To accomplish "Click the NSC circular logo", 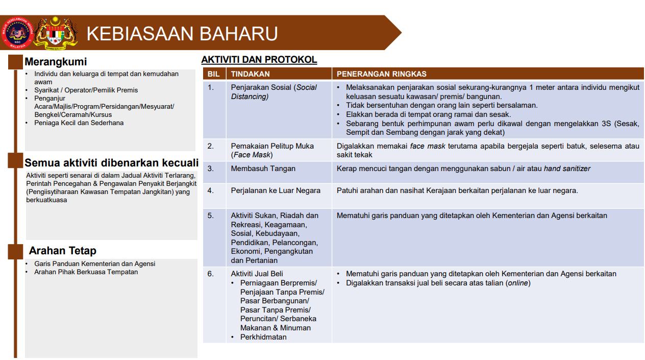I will click(17, 33).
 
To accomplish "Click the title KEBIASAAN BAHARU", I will click(182, 34).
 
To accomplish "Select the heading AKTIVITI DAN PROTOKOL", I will click(259, 60).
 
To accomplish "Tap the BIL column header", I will click(213, 74).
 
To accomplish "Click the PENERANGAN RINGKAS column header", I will click(382, 74).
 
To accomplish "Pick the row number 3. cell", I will click(211, 169).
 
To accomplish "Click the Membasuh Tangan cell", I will click(263, 169).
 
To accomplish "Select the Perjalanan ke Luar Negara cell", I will click(276, 190).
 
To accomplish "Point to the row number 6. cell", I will click(211, 274).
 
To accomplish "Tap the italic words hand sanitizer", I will click(567, 169).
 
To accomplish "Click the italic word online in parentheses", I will click(517, 283).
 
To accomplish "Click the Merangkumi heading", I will click(56, 62).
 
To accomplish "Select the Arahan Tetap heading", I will click(62, 251).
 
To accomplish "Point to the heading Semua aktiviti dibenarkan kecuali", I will click(111, 163).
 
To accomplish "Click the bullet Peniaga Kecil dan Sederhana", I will click(79, 123).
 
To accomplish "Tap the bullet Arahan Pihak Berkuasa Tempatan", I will click(86, 272).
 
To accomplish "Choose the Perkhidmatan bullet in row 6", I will click(263, 337).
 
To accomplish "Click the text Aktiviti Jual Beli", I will click(257, 274).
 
